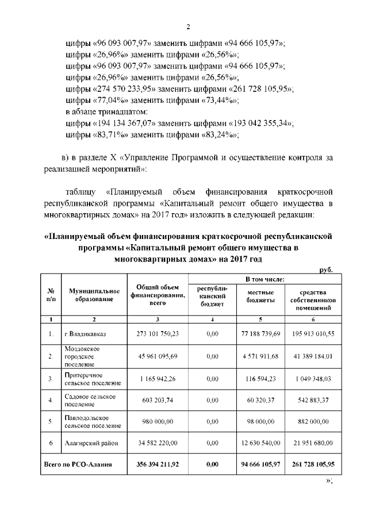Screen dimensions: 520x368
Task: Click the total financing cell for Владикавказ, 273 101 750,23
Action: tap(158, 333)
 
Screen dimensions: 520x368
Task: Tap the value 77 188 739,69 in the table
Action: tap(260, 333)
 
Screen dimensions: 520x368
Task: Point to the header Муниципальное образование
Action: tap(94, 296)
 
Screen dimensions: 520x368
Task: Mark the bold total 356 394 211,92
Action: tap(158, 464)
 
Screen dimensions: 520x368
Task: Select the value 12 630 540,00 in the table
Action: tap(260, 443)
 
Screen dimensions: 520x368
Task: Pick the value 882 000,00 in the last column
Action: tap(313, 422)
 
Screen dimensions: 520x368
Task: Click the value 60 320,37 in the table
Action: tap(260, 400)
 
